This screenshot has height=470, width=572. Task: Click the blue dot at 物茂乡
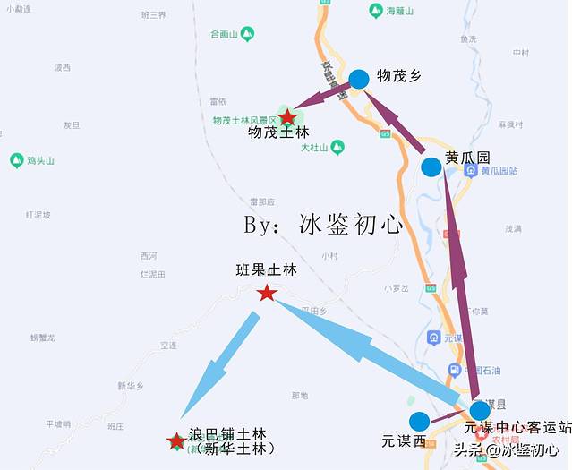coord(359,79)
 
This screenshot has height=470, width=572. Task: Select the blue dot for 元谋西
coord(418,422)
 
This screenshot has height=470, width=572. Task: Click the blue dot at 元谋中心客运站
coord(480,411)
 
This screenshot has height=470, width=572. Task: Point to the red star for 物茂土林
coord(287,116)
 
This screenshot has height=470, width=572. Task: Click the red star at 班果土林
coord(266,293)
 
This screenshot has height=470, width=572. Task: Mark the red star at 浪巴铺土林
coord(176,440)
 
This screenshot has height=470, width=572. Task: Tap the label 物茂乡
coord(399,76)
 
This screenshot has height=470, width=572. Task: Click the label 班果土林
coord(265,269)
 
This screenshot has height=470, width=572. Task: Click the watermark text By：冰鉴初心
coord(324,225)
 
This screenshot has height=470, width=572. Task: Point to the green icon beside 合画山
coord(247,34)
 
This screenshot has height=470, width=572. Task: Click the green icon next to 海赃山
coord(377,10)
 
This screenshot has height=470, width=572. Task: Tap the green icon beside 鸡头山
coord(16,160)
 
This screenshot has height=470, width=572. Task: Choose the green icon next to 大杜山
coord(337,147)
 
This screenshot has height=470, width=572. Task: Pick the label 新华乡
coord(130,386)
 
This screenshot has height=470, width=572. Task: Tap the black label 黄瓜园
coord(467,158)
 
